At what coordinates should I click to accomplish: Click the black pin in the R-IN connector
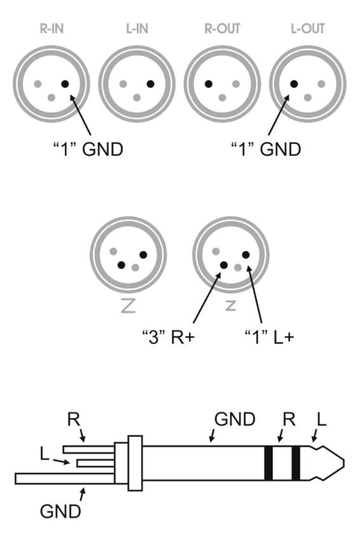pyautogui.click(x=65, y=84)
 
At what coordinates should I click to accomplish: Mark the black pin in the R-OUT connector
pyautogui.click(x=209, y=84)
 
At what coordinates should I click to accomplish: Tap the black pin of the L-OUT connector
pyautogui.click(x=294, y=84)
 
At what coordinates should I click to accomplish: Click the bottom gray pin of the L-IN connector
pyautogui.click(x=137, y=97)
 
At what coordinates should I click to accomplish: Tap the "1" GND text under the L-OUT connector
pyautogui.click(x=266, y=149)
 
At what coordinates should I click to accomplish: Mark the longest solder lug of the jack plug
pyautogui.click(x=64, y=477)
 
